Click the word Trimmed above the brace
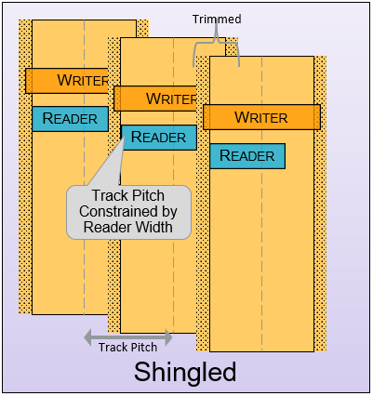(217, 20)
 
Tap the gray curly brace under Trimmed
(216, 41)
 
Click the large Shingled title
(185, 372)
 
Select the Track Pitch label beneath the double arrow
(127, 347)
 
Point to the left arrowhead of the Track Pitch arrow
(88, 337)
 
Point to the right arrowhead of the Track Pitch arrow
(168, 337)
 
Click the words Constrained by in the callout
(128, 212)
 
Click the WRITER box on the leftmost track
(67, 81)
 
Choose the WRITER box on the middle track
(155, 99)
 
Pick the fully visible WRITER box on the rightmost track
(261, 117)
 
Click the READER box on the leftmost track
(71, 119)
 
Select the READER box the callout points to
(159, 138)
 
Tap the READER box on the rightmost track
(247, 156)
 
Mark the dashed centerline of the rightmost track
(261, 204)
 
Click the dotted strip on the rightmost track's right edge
(320, 204)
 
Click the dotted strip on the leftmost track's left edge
(25, 167)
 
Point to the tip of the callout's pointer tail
(124, 137)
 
